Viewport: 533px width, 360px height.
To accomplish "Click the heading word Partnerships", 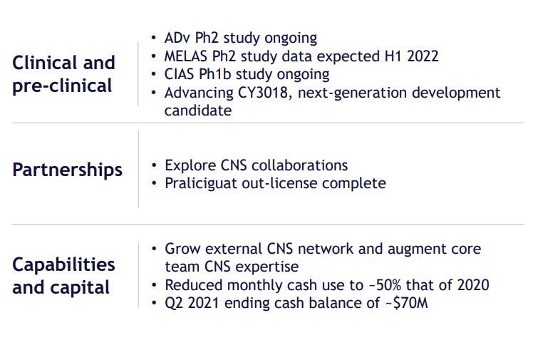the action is (x=67, y=170).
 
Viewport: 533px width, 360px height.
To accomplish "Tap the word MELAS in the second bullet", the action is (x=186, y=56).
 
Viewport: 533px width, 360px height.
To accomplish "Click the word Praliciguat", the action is (x=201, y=184).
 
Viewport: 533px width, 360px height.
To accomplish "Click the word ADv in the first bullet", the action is (x=177, y=38).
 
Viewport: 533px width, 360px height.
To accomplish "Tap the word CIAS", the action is (x=179, y=74).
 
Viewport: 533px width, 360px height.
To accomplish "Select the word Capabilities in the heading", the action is (x=63, y=264).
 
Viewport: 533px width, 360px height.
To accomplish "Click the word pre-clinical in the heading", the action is (x=62, y=86).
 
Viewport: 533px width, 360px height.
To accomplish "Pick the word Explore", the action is (x=190, y=166).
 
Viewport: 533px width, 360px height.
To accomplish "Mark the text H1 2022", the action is (x=411, y=56).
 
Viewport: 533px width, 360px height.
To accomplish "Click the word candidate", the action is (x=198, y=110).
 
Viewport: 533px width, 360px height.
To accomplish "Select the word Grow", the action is (x=182, y=250).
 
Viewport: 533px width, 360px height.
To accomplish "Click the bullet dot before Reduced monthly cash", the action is (x=154, y=285).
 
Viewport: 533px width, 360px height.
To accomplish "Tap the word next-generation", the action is (x=352, y=93).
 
